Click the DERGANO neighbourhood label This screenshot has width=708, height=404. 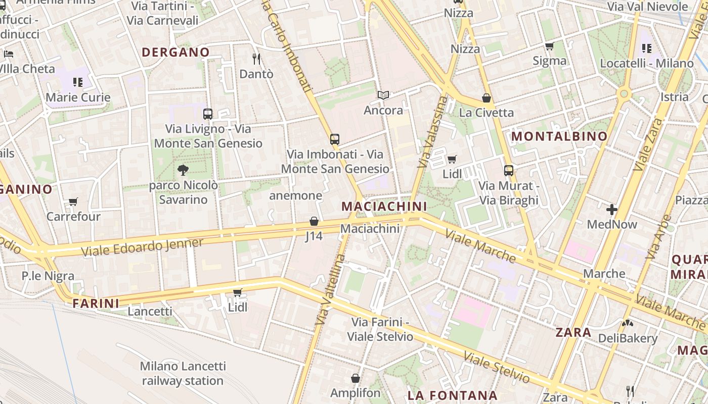coord(175,52)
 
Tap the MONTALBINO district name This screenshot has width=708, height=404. coord(559,136)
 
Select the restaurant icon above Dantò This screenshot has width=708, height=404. coord(256,59)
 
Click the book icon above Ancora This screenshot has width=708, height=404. coord(384,95)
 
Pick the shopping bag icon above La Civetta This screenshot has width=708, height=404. coord(486,98)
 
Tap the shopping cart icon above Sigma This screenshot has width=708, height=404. coord(549,46)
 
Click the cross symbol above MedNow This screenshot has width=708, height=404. coord(612,209)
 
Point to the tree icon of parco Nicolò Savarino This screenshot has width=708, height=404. coord(183,170)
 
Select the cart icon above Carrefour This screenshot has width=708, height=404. coord(73,202)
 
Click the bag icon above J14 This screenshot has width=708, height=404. coord(314,221)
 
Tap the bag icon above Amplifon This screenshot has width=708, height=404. coord(356,378)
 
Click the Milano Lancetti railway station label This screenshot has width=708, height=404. coord(183,373)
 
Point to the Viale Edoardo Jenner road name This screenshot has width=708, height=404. coord(142,246)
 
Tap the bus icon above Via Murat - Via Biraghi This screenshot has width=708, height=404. coord(509,171)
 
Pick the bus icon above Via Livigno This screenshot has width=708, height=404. coord(208,114)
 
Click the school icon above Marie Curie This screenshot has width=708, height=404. coord(78,82)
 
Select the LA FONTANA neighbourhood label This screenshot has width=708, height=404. coord(453,395)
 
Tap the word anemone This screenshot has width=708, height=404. coord(296,195)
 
